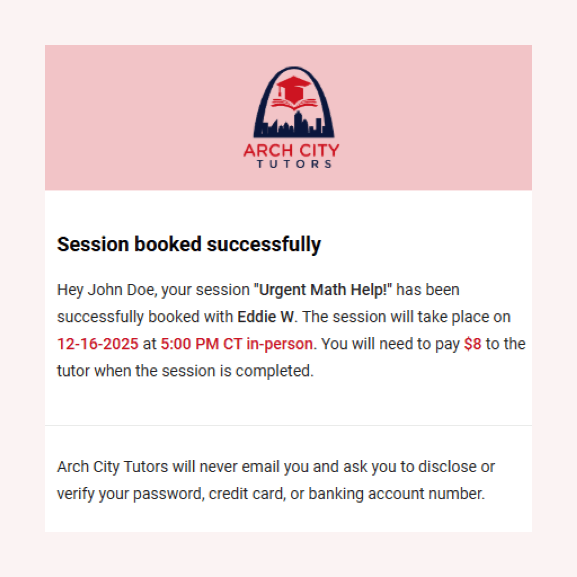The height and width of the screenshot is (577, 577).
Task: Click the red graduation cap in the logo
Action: click(x=293, y=88)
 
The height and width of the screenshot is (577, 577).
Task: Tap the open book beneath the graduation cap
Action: click(x=294, y=104)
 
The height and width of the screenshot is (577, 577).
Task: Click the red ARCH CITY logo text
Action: click(x=291, y=150)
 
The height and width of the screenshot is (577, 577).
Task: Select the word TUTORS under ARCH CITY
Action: click(x=294, y=164)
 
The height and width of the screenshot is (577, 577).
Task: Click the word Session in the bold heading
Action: click(x=92, y=244)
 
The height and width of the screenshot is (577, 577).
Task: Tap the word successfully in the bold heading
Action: click(x=264, y=245)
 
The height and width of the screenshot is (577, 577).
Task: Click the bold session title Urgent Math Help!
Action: click(x=323, y=290)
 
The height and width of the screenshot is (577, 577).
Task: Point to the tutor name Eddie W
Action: click(x=266, y=317)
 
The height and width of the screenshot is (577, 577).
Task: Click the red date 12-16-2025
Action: click(x=97, y=344)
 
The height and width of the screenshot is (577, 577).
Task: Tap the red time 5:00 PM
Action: click(x=189, y=344)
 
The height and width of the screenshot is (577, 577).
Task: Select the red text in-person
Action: click(x=279, y=344)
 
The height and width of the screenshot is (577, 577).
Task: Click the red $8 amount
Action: click(x=473, y=344)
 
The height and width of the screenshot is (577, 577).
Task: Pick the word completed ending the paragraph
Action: click(x=273, y=371)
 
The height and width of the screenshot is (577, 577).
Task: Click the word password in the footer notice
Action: click(x=167, y=494)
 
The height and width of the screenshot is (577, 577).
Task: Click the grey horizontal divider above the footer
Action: click(x=288, y=425)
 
